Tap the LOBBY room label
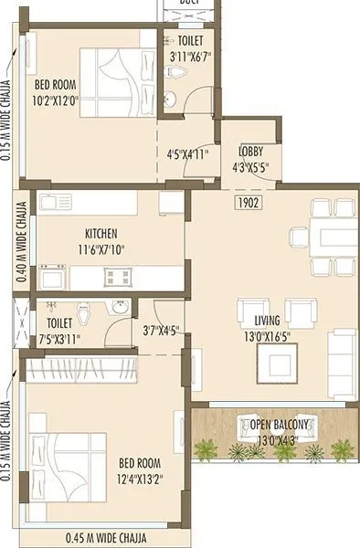coord(252,152)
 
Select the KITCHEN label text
coord(101,234)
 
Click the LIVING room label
coord(267,320)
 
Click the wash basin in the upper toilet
coord(168,99)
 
